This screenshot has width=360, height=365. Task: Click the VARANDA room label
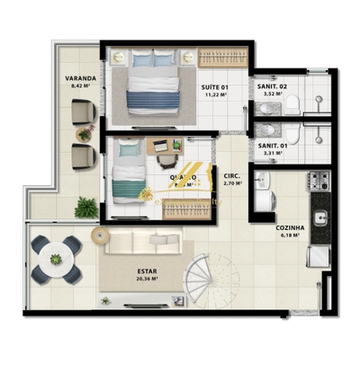tap(81, 79)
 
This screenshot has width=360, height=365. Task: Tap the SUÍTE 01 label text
tap(214, 87)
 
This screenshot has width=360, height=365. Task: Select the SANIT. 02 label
tap(272, 87)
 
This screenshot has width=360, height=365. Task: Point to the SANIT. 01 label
tap(272, 145)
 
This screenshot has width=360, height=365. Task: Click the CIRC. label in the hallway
tap(230, 176)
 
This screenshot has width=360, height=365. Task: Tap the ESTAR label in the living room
tap(148, 270)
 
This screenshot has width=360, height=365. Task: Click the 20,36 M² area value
tap(148, 279)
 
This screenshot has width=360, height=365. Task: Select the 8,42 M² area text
tap(81, 88)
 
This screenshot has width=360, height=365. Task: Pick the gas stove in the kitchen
tap(319, 181)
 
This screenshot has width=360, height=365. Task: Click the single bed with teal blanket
tap(131, 180)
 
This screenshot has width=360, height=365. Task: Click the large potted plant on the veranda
tap(87, 208)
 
